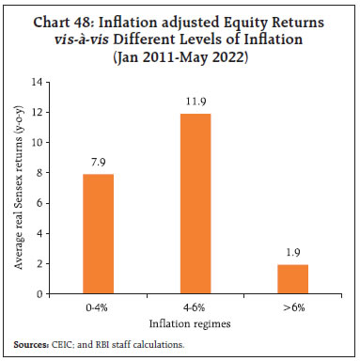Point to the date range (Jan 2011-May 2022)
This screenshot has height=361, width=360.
(180, 55)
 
